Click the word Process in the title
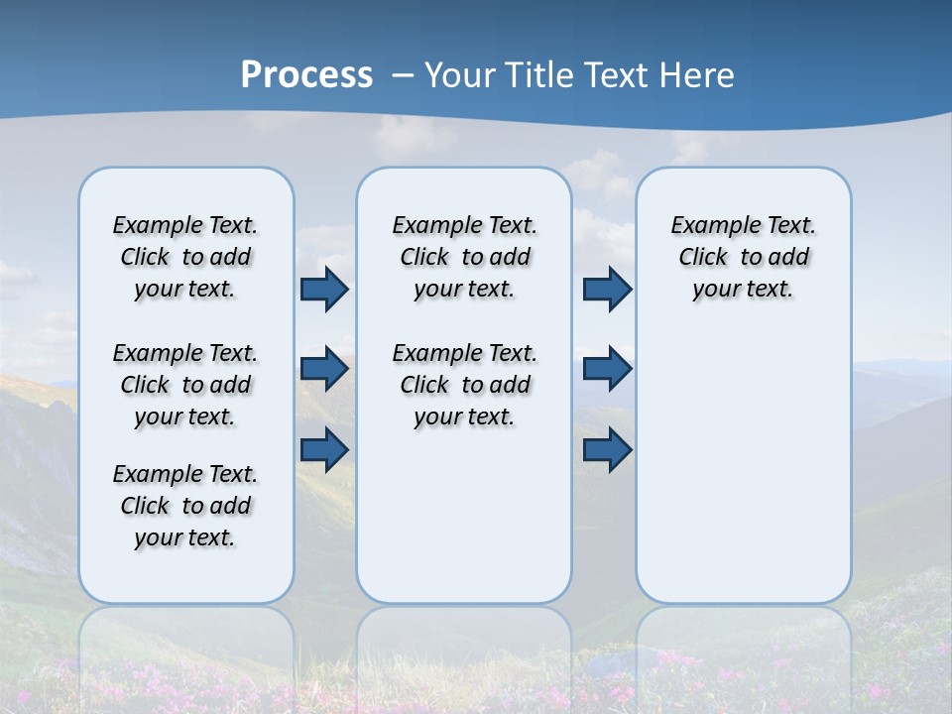(306, 75)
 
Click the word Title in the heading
(538, 75)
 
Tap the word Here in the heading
(698, 75)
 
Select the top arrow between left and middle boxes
(324, 290)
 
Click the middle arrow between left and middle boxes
(324, 369)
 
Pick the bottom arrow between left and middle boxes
(324, 449)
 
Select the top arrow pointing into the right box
(607, 290)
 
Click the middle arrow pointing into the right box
(607, 369)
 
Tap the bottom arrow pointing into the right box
(607, 449)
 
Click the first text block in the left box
(185, 257)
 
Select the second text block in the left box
(185, 385)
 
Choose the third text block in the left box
(185, 506)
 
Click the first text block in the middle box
(464, 257)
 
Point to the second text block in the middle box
(464, 385)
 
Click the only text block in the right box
(744, 257)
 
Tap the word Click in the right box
(703, 258)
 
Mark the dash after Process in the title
(403, 75)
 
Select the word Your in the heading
(459, 75)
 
